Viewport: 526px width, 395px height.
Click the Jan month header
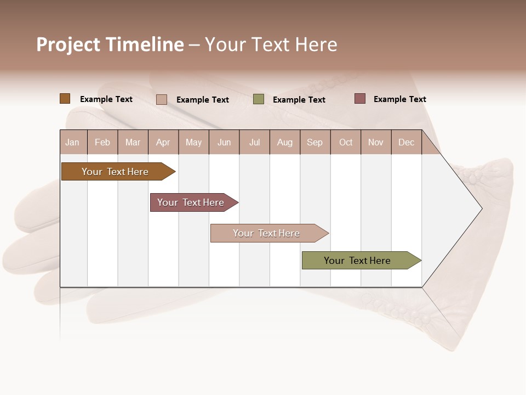pos(72,142)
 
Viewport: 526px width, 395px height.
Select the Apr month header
pos(163,142)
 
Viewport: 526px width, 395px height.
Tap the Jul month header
pos(254,142)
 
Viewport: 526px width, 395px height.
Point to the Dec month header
pos(406,142)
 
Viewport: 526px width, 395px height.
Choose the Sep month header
pos(315,142)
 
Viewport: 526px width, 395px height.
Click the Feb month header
pos(102,142)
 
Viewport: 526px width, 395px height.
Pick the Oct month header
pos(346,142)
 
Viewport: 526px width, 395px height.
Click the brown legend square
pos(65,99)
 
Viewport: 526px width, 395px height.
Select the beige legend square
pos(162,99)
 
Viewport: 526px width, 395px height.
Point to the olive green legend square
pos(259,99)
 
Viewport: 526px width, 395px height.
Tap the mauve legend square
pos(359,99)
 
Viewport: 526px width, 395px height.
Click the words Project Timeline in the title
pos(110,44)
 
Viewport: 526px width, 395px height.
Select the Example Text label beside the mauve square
pos(399,99)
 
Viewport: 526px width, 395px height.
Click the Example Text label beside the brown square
pos(106,99)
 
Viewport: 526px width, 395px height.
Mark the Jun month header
pos(224,142)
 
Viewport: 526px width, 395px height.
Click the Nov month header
pos(376,142)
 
